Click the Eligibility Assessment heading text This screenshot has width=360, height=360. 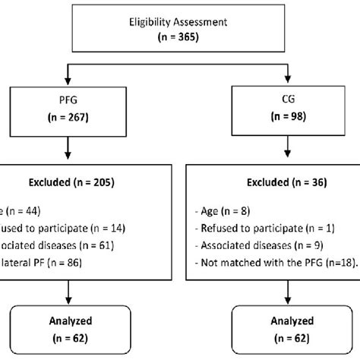179,22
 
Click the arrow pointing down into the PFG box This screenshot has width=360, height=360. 69,77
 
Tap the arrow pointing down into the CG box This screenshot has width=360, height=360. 288,77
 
